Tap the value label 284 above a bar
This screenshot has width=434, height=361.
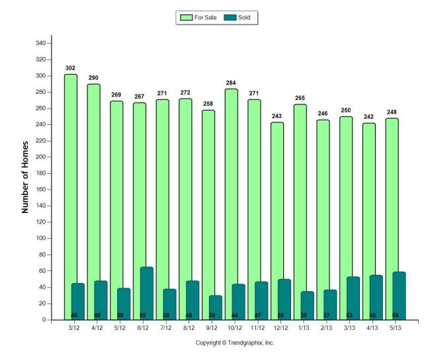[232, 83]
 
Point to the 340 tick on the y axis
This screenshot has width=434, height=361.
[42, 44]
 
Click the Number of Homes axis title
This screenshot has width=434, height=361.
[25, 177]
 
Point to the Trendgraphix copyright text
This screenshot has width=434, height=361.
[234, 342]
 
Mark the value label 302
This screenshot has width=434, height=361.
[70, 68]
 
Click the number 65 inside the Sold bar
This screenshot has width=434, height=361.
[143, 315]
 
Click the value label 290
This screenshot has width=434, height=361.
[93, 78]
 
